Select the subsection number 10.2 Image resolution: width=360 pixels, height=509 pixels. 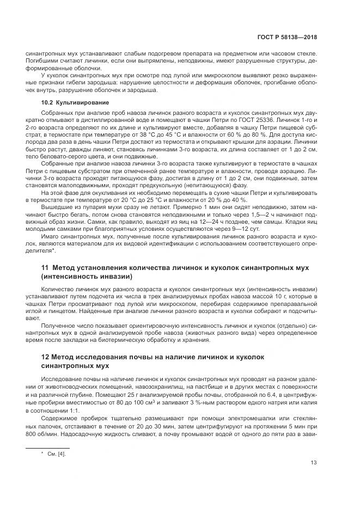click(47, 102)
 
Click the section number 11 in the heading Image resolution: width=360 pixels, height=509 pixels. click(45, 268)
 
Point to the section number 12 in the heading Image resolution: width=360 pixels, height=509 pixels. click(45, 357)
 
